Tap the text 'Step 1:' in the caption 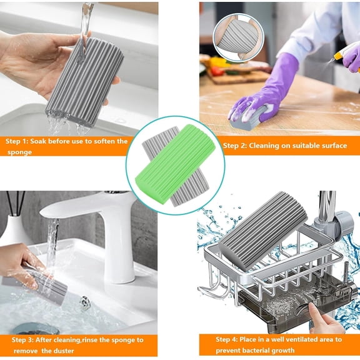pyautogui.click(x=19, y=141)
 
